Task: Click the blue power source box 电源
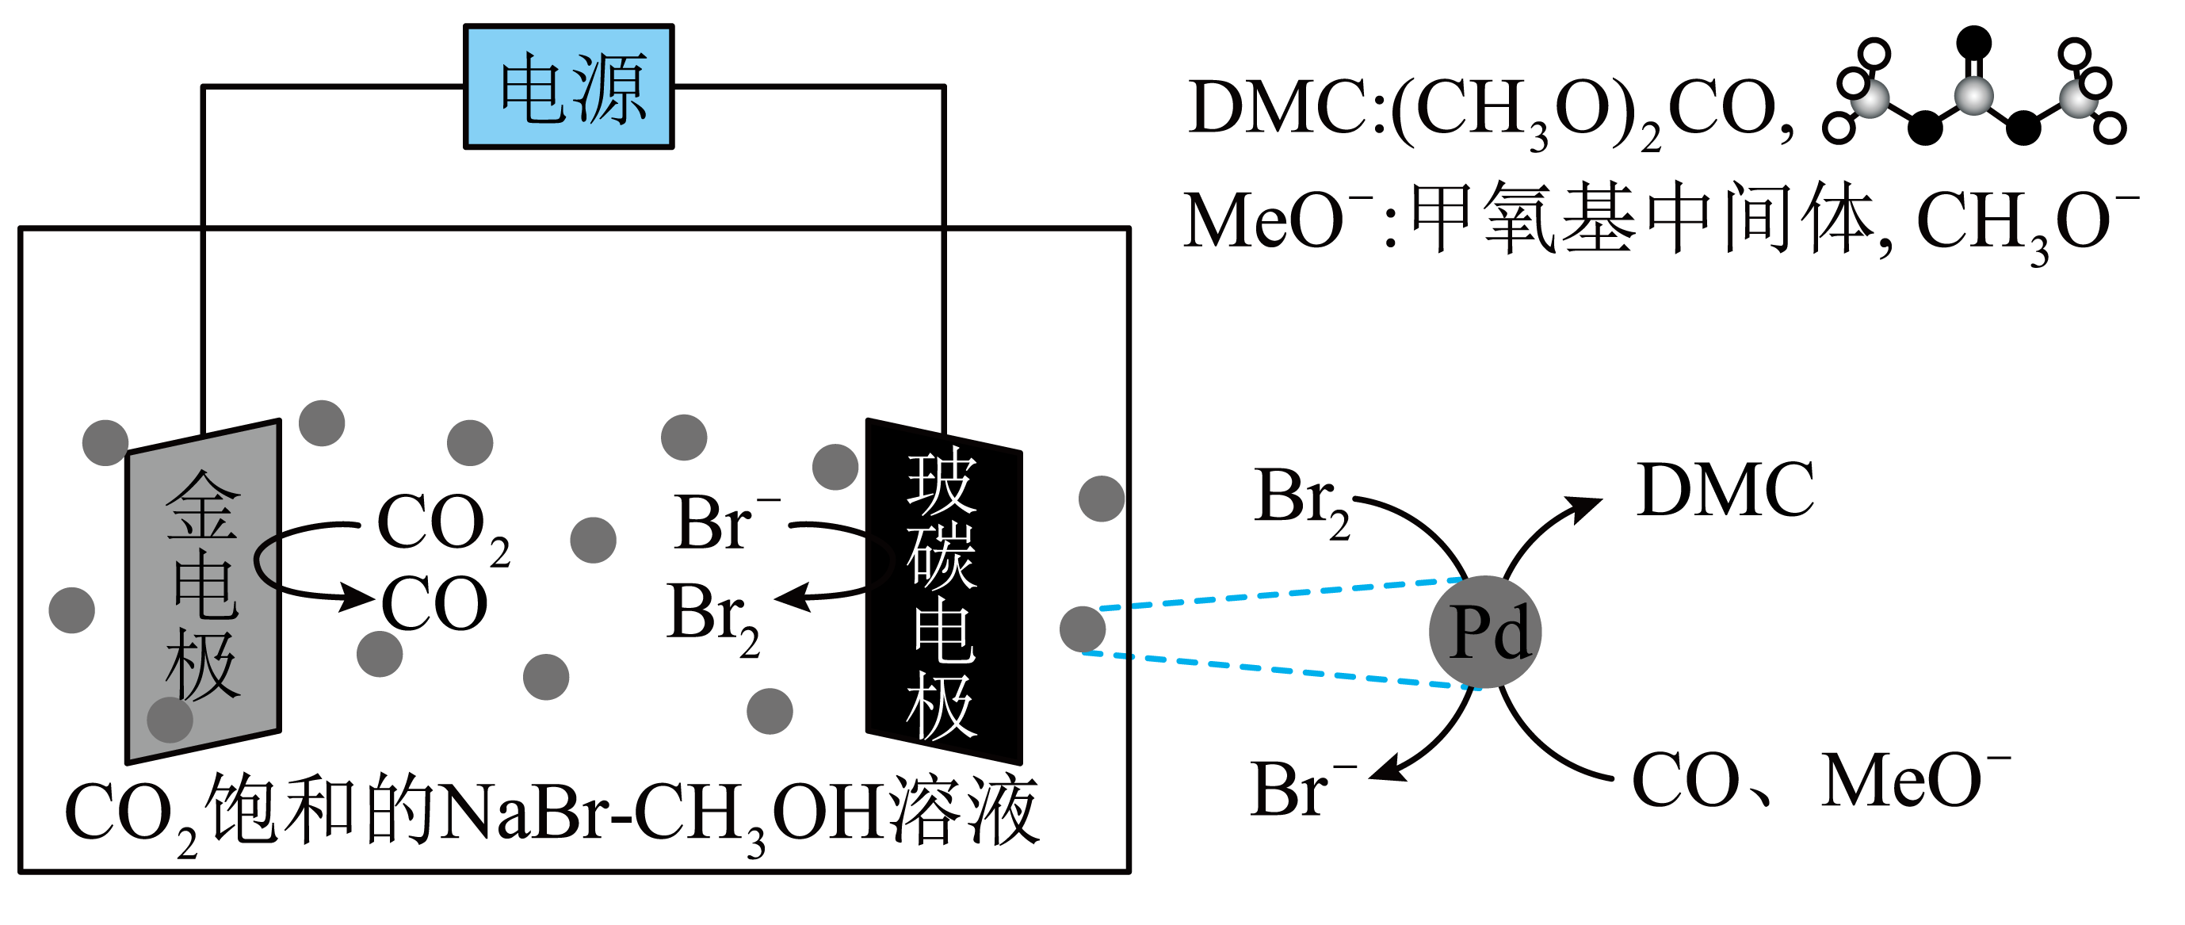pyautogui.click(x=568, y=86)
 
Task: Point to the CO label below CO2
pyautogui.click(x=434, y=604)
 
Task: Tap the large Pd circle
pyautogui.click(x=1484, y=633)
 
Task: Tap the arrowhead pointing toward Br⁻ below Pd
pyautogui.click(x=1385, y=770)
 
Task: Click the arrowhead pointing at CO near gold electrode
pyautogui.click(x=358, y=597)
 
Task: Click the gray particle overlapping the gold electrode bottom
pyautogui.click(x=170, y=720)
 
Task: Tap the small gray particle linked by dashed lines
pyautogui.click(x=1083, y=629)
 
